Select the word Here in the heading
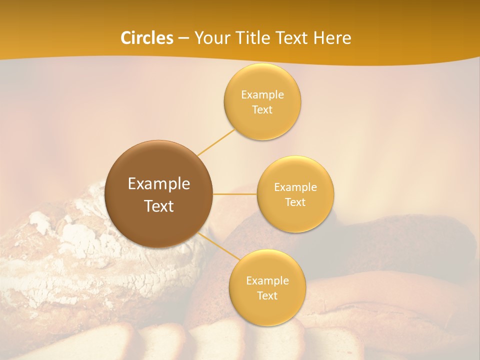[332, 38]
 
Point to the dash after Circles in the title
[183, 38]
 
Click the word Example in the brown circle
[159, 184]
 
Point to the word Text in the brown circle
[159, 206]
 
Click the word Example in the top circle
[262, 95]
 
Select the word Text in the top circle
[262, 110]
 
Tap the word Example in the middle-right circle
[295, 187]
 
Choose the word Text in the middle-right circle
[295, 202]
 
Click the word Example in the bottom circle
[267, 281]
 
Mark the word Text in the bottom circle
[267, 296]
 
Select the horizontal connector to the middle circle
[235, 194]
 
